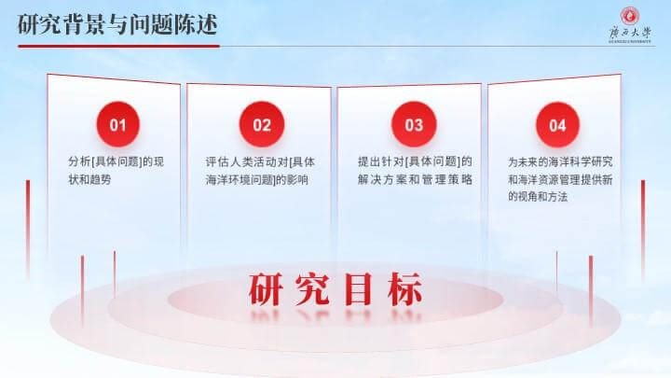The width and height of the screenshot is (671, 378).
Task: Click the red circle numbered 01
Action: (x=118, y=124)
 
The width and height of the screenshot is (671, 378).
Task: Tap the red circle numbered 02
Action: (x=262, y=124)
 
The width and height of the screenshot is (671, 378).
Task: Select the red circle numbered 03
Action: (x=414, y=124)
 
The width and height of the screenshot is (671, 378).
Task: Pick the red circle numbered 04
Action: (x=557, y=125)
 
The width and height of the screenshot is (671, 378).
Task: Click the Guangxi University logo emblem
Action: (x=630, y=16)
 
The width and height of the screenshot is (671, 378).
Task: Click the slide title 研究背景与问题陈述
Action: (x=117, y=24)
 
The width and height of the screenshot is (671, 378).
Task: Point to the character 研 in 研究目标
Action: (x=266, y=289)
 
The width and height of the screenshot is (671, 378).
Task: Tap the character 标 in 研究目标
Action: (x=404, y=289)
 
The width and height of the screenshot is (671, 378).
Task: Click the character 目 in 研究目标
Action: (x=358, y=289)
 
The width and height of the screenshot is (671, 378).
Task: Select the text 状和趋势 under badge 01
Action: (x=89, y=179)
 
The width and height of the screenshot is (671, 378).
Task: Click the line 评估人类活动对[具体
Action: (x=260, y=162)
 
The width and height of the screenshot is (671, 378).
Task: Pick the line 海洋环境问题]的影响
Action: (x=257, y=179)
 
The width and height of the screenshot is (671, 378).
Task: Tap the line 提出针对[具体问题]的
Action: (x=415, y=161)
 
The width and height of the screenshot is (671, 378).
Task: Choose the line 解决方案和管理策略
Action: (x=415, y=179)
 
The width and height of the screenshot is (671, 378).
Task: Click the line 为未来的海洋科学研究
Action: (x=561, y=162)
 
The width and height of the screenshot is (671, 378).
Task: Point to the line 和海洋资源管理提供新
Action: (x=561, y=179)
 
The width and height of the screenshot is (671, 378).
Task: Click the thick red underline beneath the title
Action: (x=118, y=46)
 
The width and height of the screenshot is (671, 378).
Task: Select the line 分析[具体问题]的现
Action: (x=116, y=162)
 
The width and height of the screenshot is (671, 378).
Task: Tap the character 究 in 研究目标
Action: (x=312, y=289)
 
